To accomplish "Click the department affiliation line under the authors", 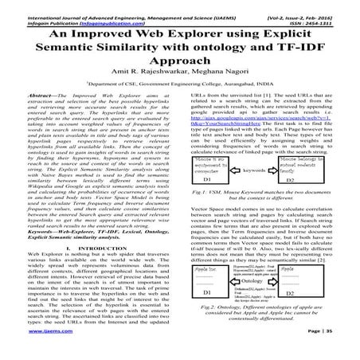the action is pos(180,93).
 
